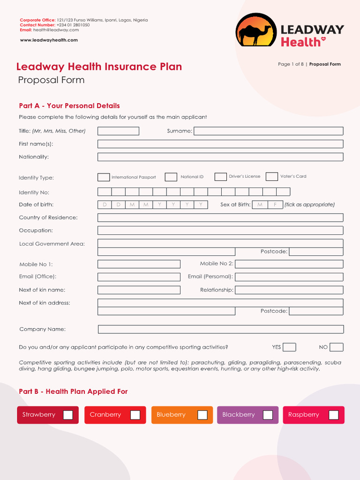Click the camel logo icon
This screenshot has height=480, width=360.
256,30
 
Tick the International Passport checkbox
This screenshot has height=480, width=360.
104,177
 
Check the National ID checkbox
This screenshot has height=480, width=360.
171,177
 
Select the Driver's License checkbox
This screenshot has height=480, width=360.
220,177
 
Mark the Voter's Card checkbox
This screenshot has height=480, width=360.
271,177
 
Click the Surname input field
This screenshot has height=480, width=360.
268,131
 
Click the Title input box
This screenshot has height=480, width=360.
118,131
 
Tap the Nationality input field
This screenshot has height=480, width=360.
220,157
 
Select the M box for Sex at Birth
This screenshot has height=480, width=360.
260,205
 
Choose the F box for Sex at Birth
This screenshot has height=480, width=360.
275,205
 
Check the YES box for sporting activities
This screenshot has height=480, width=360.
289,347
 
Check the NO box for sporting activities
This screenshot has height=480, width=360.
336,347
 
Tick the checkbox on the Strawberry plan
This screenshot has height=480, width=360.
68,415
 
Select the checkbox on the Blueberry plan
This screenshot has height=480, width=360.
202,415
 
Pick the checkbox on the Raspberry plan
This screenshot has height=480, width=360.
334,415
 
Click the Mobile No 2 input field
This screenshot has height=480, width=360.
289,264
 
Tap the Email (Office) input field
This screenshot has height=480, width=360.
139,277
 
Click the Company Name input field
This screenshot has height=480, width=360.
220,330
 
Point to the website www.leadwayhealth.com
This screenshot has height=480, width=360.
49,40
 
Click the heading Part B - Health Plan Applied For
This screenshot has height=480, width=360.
73,391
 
